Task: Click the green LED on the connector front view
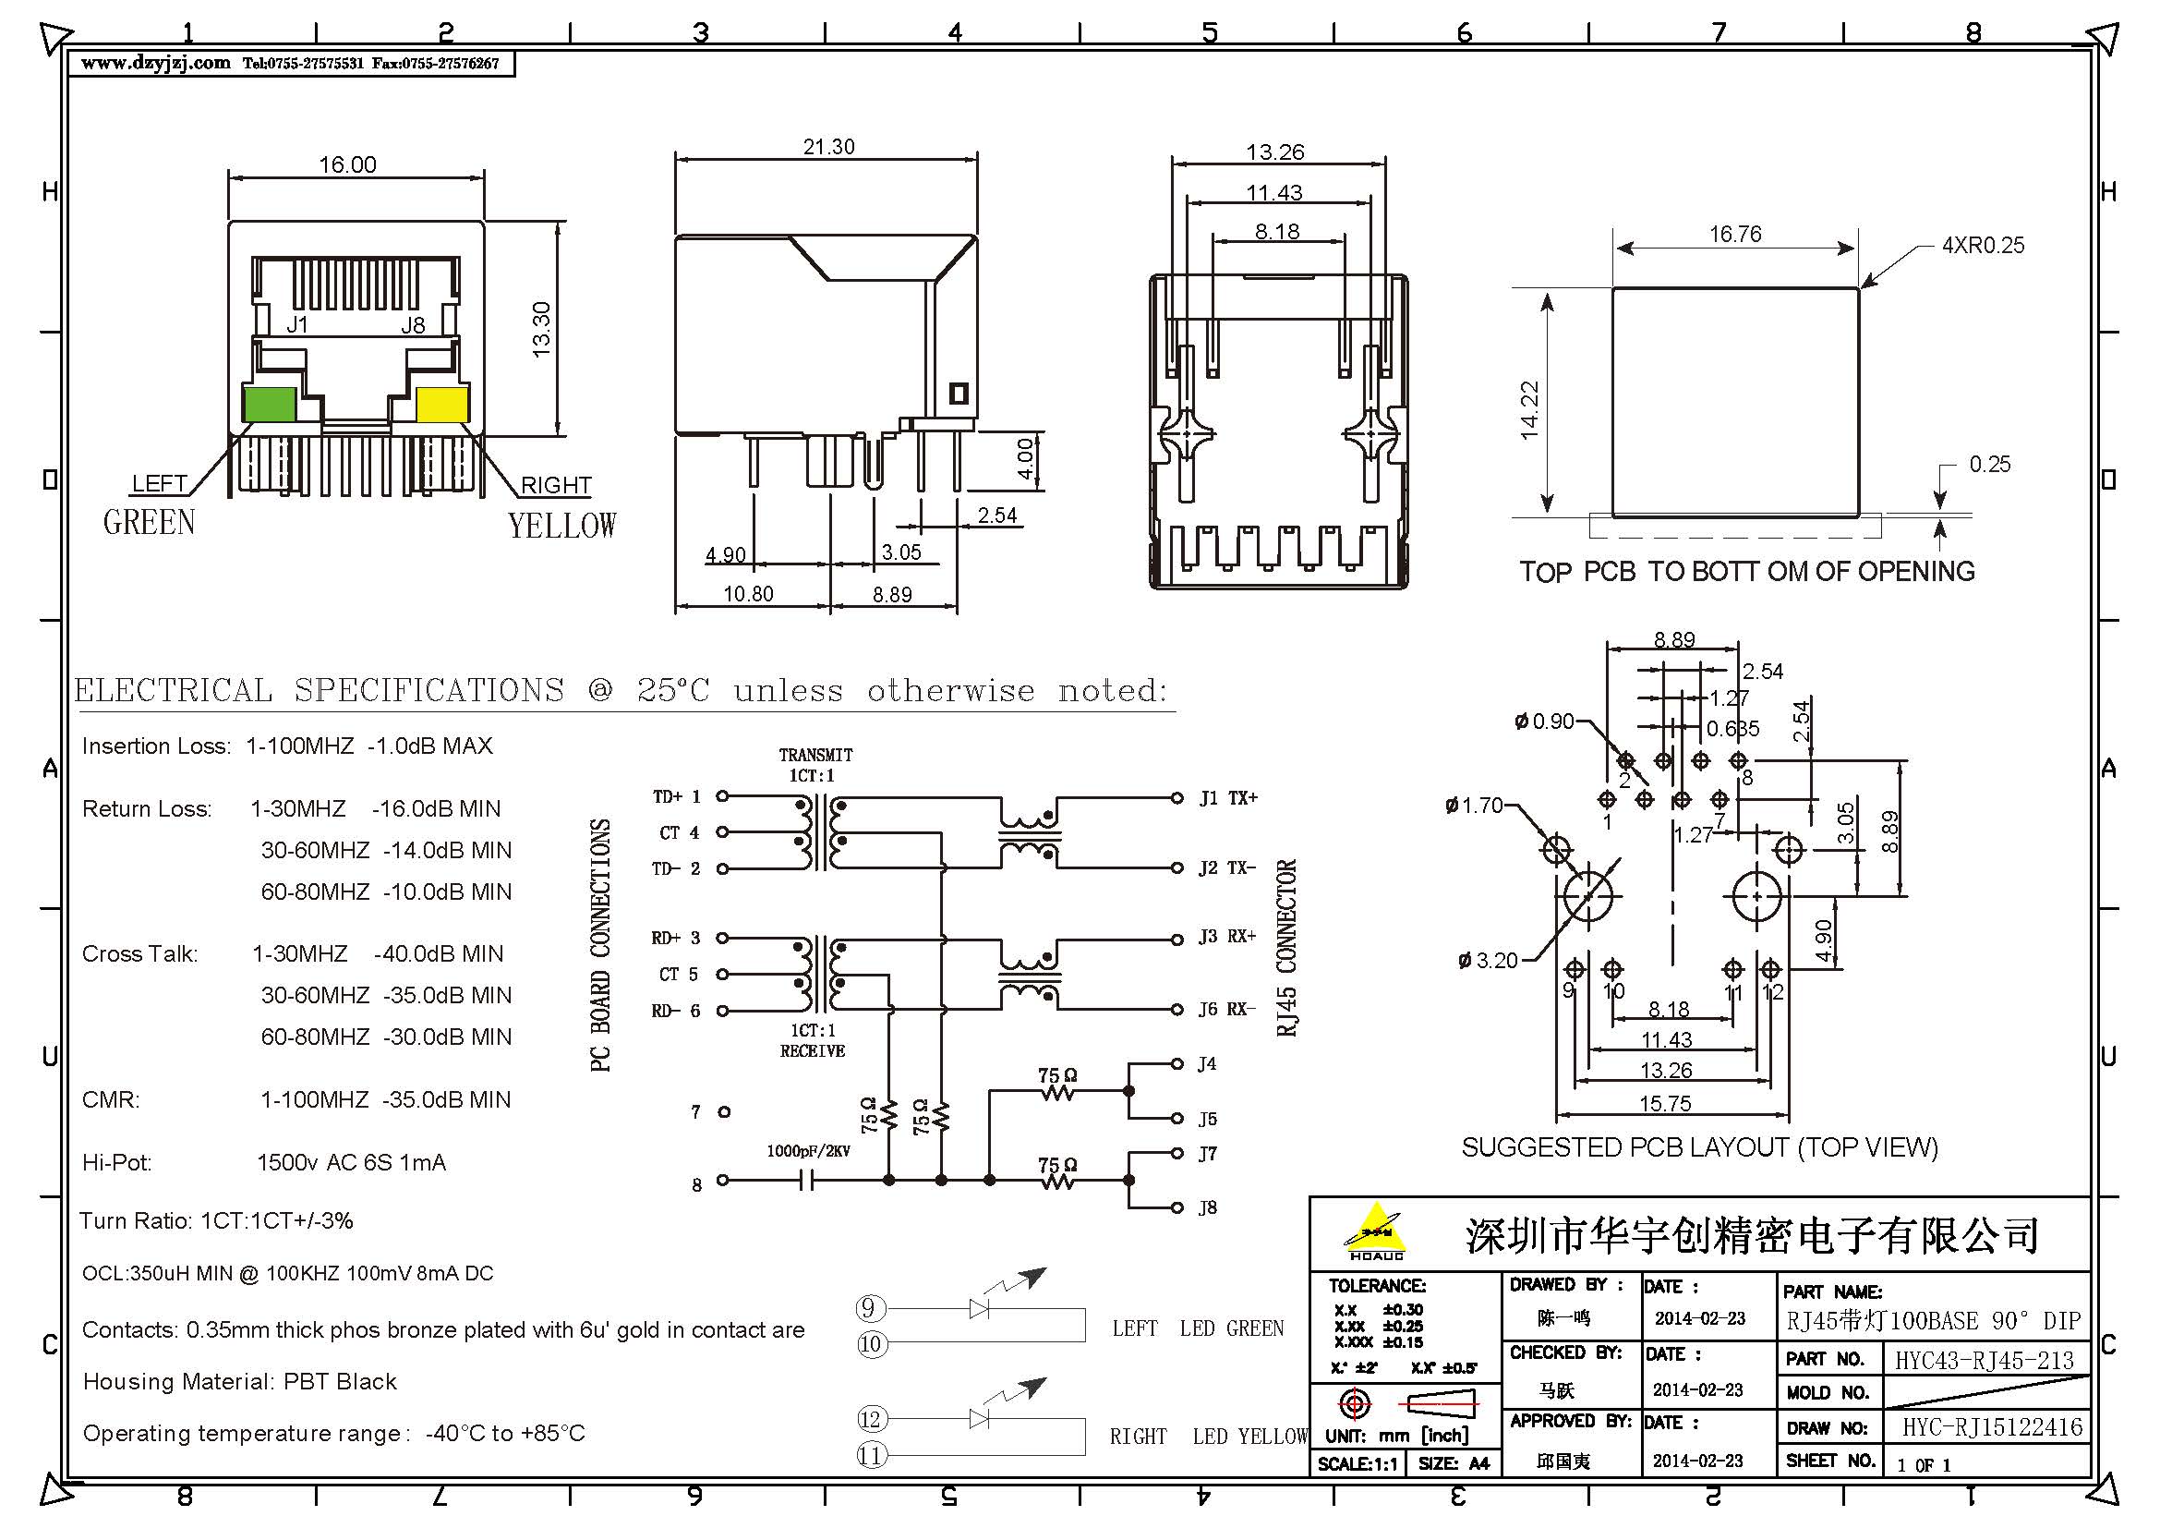(269, 404)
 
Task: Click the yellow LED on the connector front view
(441, 404)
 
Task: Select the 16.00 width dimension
(347, 165)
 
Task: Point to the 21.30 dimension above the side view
(828, 148)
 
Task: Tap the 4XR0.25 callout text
(1983, 246)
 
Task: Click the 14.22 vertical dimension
(1528, 410)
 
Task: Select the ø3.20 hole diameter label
(1488, 961)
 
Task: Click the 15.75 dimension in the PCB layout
(1664, 1104)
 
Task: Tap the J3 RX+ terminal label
(1226, 936)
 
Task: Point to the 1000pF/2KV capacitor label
(808, 1151)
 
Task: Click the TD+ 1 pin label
(676, 797)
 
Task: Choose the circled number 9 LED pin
(868, 1308)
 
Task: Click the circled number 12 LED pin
(870, 1419)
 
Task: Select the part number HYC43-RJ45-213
(1984, 1361)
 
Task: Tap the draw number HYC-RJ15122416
(1992, 1427)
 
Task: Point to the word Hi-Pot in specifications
(116, 1163)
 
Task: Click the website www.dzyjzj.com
(155, 63)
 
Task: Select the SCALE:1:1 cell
(1357, 1464)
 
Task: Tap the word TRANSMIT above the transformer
(815, 755)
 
